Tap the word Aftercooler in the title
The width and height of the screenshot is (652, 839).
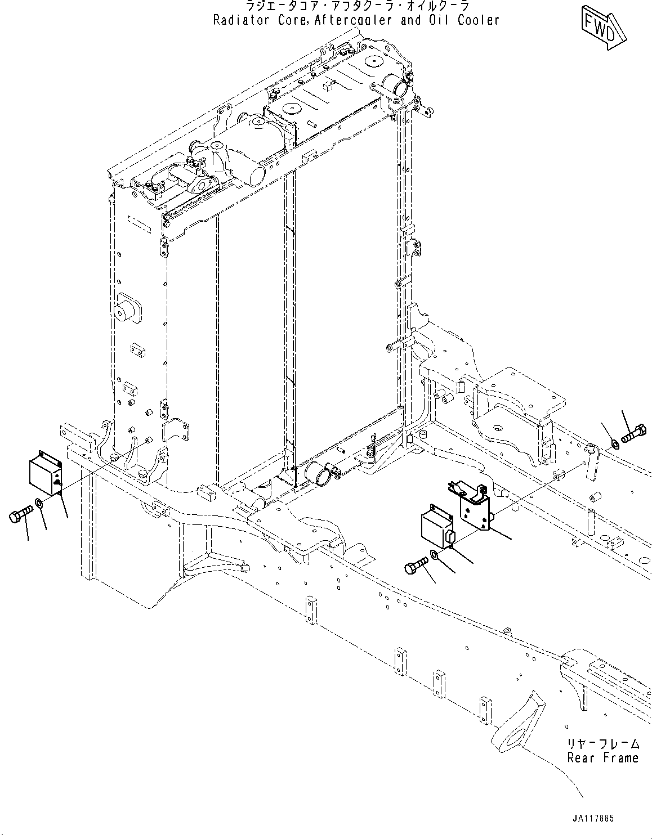pyautogui.click(x=351, y=21)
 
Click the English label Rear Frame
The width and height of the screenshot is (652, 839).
pyautogui.click(x=602, y=757)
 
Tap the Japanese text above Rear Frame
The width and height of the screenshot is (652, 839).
pyautogui.click(x=602, y=743)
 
